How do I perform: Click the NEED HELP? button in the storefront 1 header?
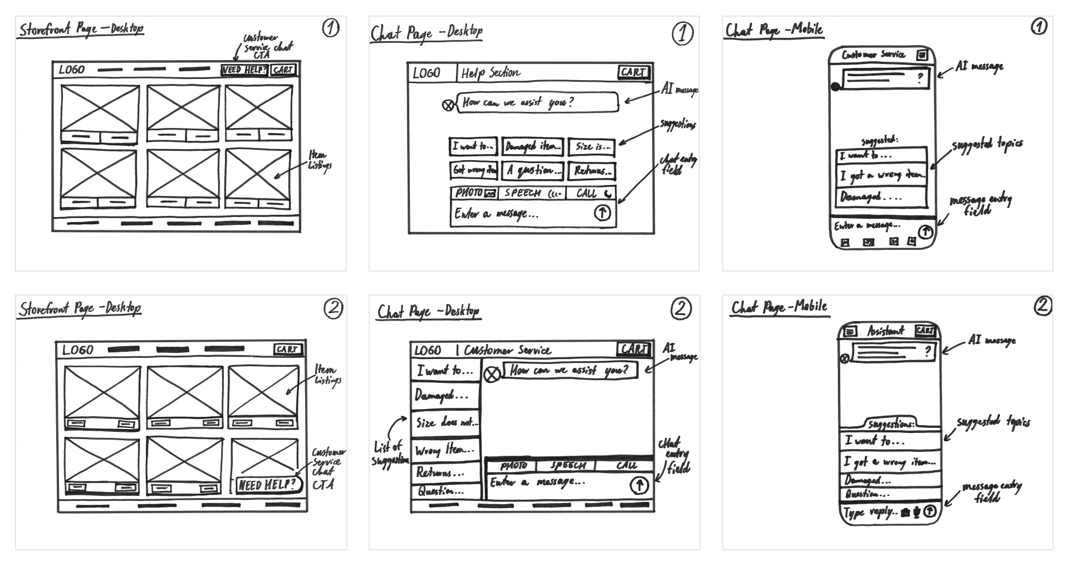[244, 70]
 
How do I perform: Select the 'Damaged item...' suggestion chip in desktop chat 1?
[532, 147]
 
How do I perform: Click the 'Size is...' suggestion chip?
[592, 147]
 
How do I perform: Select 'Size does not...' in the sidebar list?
[445, 422]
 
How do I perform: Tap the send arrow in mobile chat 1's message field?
[925, 232]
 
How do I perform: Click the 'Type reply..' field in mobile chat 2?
[870, 512]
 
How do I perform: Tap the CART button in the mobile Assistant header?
[925, 331]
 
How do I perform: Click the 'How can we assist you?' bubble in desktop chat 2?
[570, 371]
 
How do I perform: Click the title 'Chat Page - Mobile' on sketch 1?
[774, 30]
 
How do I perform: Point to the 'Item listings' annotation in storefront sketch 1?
[320, 160]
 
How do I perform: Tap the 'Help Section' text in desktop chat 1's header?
[491, 73]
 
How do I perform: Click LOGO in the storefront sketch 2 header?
[78, 350]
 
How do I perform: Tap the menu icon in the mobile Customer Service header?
[922, 55]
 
